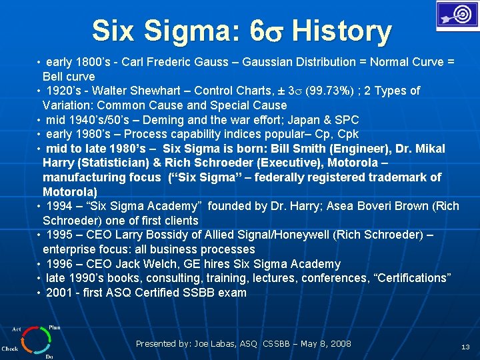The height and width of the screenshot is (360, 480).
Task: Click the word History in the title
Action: point(341,31)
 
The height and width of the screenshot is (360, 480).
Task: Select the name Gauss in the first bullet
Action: point(215,62)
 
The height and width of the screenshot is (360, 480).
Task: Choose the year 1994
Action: point(61,206)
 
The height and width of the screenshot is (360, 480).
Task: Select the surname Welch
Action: point(173,264)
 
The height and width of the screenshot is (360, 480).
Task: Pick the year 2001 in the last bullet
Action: point(61,293)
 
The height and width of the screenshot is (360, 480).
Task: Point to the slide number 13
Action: point(466,347)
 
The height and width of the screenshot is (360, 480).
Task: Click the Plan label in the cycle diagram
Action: point(54,327)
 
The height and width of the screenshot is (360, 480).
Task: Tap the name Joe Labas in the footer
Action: point(215,344)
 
